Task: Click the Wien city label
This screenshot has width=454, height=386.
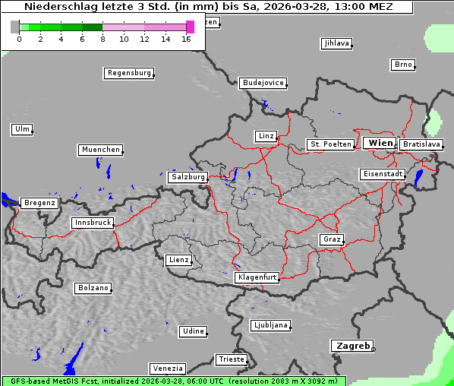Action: tap(380, 143)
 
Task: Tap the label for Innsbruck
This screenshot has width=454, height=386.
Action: tap(92, 223)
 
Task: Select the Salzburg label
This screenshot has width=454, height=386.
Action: tap(188, 177)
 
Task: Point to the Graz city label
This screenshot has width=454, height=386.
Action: tap(331, 239)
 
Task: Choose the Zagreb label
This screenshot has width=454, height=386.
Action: tap(352, 346)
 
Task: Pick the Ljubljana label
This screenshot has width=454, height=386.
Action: tap(270, 325)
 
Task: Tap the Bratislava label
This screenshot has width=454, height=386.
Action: tap(421, 144)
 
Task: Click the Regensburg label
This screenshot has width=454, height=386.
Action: tap(128, 73)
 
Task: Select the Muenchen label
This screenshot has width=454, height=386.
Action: tap(100, 150)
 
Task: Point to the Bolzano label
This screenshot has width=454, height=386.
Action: tap(93, 288)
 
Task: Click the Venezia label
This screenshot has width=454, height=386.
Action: tap(166, 369)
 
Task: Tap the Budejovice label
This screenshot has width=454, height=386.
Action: tap(263, 82)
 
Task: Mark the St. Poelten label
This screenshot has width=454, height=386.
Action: tap(329, 144)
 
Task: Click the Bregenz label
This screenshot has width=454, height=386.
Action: tap(39, 203)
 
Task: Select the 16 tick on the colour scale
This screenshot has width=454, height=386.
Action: tap(186, 39)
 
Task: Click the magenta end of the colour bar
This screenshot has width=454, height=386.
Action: tap(190, 27)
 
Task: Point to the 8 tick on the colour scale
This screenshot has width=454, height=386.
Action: tap(102, 39)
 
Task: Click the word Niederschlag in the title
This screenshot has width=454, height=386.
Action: tap(57, 7)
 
